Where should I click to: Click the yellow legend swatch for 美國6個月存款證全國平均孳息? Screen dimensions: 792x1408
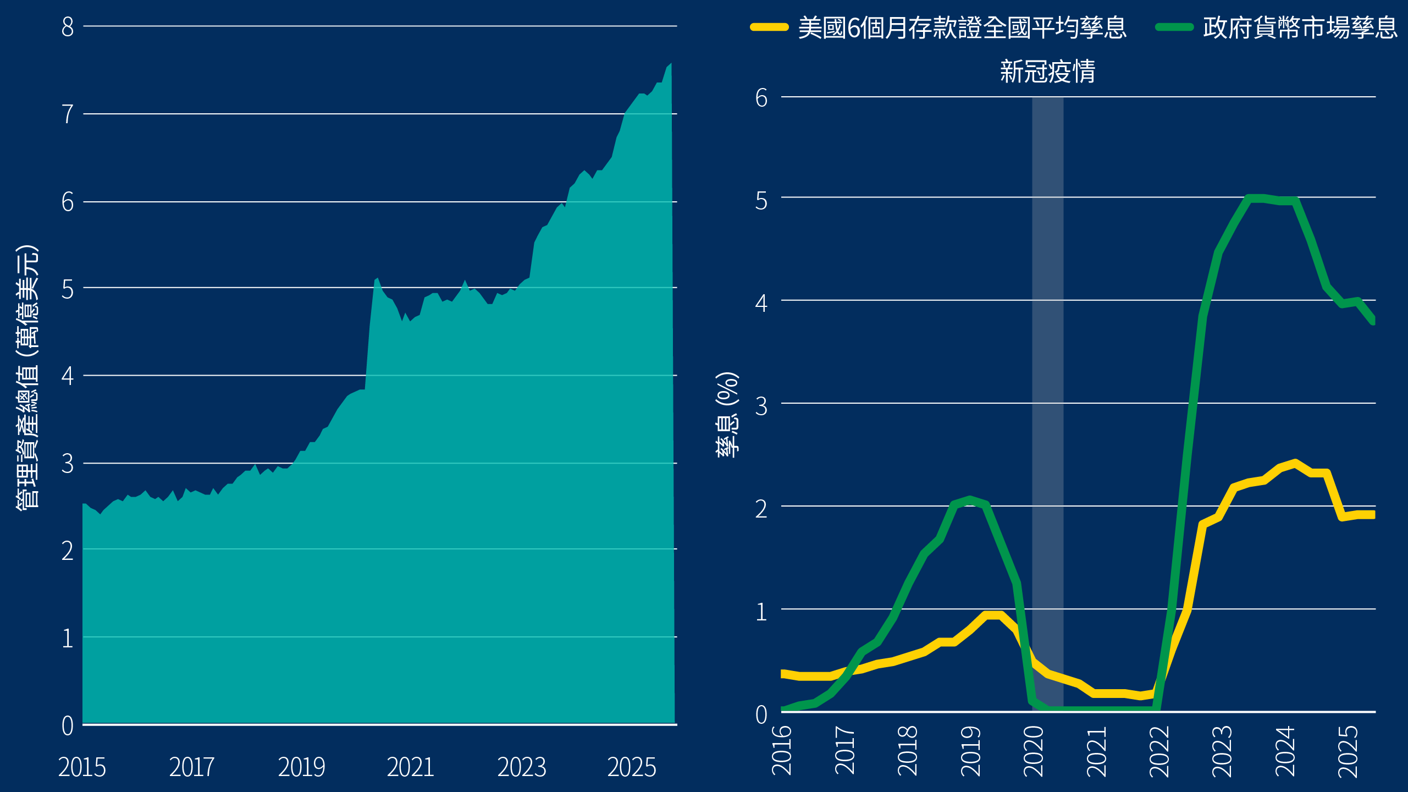(x=770, y=28)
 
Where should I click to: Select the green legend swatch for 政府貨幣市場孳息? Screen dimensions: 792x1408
(x=1174, y=28)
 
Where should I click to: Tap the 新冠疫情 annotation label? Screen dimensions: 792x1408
(x=1047, y=71)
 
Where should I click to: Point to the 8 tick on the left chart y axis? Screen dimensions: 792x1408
(x=68, y=27)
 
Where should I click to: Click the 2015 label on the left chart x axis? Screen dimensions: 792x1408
(x=82, y=767)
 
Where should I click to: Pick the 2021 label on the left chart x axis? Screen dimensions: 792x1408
(x=410, y=767)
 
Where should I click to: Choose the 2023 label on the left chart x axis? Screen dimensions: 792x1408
(x=521, y=767)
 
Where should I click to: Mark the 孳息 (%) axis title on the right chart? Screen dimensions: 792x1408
(x=727, y=415)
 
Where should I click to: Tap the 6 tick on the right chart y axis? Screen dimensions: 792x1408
(x=761, y=98)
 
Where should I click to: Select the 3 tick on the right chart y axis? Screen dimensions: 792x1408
(x=761, y=406)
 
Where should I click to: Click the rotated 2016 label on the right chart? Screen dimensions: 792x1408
(x=782, y=750)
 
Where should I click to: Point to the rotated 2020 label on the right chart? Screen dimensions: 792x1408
(x=1033, y=750)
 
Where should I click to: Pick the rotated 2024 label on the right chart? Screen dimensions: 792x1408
(x=1285, y=750)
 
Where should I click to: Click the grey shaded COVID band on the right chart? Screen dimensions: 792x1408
(x=1047, y=385)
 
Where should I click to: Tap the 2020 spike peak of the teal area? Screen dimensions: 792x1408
(x=377, y=279)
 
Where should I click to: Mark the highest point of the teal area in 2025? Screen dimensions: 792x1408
(x=670, y=64)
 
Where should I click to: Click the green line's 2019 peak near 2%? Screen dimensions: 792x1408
(x=970, y=499)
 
